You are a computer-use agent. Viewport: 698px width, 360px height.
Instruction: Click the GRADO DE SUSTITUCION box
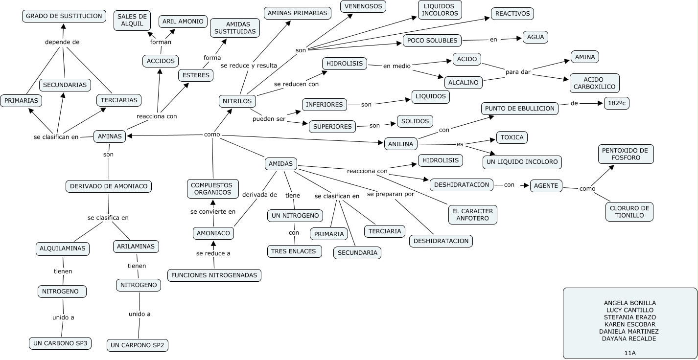(64, 16)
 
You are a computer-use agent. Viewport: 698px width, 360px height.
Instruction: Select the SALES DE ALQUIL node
(132, 20)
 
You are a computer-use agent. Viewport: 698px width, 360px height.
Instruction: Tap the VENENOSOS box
(363, 6)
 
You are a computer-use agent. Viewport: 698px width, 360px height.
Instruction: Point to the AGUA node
(535, 37)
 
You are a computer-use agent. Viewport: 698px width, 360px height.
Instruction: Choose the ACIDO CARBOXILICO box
(594, 83)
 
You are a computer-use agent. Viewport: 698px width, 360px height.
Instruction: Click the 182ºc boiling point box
(616, 103)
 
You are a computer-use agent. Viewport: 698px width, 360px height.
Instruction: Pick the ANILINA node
(401, 144)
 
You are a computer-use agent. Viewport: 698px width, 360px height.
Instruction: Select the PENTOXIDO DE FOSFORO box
(626, 154)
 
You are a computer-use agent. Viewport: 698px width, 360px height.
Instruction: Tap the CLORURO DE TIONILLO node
(629, 212)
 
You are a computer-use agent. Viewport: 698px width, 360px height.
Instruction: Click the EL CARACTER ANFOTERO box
(472, 215)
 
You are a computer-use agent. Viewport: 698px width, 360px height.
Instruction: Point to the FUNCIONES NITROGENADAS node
(214, 275)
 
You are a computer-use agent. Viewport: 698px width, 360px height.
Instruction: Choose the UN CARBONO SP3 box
(60, 343)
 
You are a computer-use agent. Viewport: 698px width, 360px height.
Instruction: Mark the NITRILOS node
(237, 101)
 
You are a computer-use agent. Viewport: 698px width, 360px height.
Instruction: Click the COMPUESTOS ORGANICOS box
(212, 189)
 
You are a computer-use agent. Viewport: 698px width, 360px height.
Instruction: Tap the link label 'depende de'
(62, 42)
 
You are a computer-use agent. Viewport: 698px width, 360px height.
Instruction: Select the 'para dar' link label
(518, 72)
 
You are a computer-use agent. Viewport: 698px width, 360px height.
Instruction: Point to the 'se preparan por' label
(391, 194)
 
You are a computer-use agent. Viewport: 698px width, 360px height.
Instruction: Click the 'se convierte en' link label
(213, 212)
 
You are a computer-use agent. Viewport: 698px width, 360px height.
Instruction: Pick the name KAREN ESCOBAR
(629, 324)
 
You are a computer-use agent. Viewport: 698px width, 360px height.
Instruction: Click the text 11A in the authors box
(629, 353)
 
